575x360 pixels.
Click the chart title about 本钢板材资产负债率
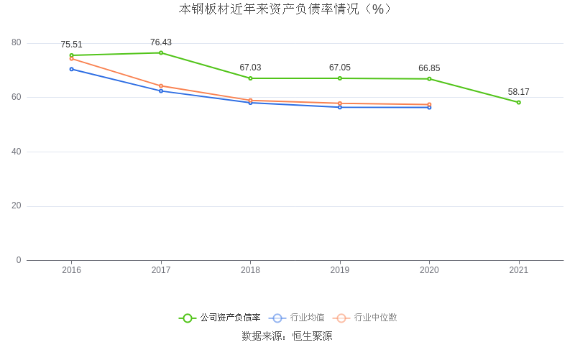pyautogui.click(x=287, y=9)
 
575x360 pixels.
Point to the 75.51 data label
pyautogui.click(x=71, y=45)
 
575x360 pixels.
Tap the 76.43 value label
pyautogui.click(x=161, y=42)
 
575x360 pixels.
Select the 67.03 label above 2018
pyautogui.click(x=250, y=68)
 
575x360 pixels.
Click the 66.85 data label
pyautogui.click(x=429, y=68)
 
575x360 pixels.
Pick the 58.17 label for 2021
pyautogui.click(x=518, y=92)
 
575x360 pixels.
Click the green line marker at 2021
pyautogui.click(x=518, y=102)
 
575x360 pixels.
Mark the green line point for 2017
pyautogui.click(x=161, y=52)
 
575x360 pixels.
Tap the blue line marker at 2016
pyautogui.click(x=71, y=69)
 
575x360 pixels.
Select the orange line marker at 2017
pyautogui.click(x=161, y=86)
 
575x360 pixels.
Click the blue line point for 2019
pyautogui.click(x=340, y=107)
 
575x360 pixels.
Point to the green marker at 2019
pyautogui.click(x=340, y=78)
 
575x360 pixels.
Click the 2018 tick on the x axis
pyautogui.click(x=250, y=270)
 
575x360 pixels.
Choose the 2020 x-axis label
pyautogui.click(x=429, y=270)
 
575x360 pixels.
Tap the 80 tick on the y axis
pyautogui.click(x=17, y=43)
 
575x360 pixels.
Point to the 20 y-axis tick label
pyautogui.click(x=17, y=206)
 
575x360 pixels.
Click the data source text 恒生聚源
pyautogui.click(x=312, y=336)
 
